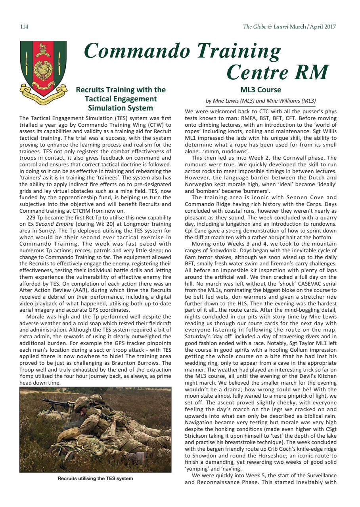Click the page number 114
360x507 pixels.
click(24, 27)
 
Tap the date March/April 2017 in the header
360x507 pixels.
click(313, 27)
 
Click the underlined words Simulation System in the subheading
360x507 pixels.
click(120, 108)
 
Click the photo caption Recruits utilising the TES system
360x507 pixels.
click(95, 478)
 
